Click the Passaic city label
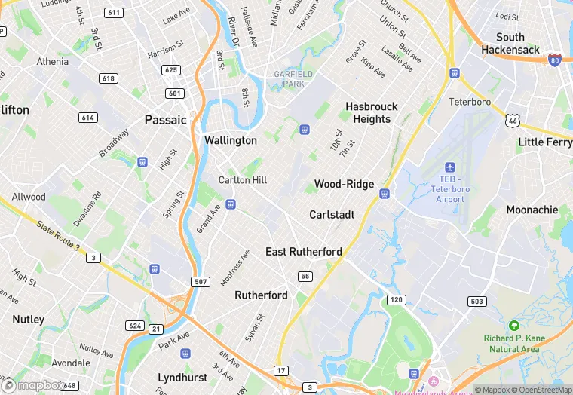click(165, 120)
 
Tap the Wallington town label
click(231, 140)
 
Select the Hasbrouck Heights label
click(372, 113)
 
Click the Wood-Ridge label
click(345, 184)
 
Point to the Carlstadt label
click(332, 215)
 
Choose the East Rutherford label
click(304, 252)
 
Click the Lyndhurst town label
click(182, 377)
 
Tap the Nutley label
click(28, 320)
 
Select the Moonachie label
click(532, 210)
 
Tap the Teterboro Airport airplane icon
click(451, 167)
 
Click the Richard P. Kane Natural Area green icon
click(514, 326)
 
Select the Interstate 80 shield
click(554, 60)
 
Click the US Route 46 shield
click(513, 120)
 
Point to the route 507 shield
click(201, 282)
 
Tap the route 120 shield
click(397, 300)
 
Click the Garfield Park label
click(289, 79)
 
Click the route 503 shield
click(476, 302)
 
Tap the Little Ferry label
click(545, 142)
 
